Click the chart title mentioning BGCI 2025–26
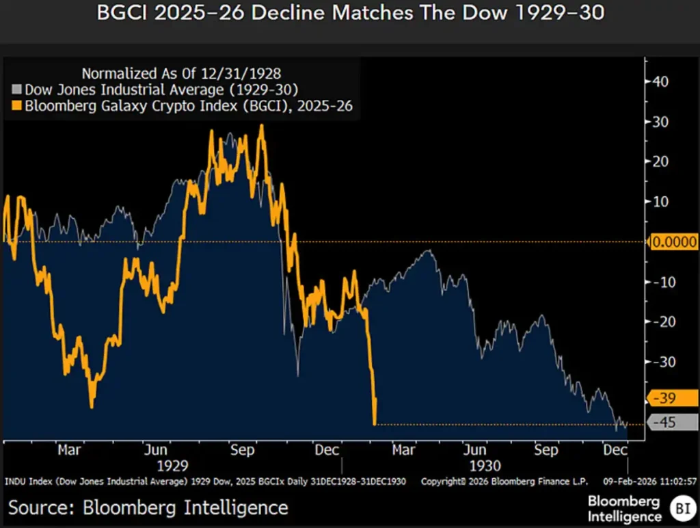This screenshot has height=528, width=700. point(349,13)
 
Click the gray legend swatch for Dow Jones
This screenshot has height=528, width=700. point(17,89)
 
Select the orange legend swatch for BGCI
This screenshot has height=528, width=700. point(17,105)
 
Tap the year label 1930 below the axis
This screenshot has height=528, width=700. point(485,465)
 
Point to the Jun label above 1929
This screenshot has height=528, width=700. point(157,450)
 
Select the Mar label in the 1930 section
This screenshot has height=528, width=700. point(403,450)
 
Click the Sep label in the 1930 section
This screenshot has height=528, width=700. point(546,450)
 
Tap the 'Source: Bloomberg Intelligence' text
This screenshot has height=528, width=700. point(148,507)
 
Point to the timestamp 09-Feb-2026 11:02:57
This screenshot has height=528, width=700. point(655,481)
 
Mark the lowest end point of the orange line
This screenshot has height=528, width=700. point(375,424)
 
